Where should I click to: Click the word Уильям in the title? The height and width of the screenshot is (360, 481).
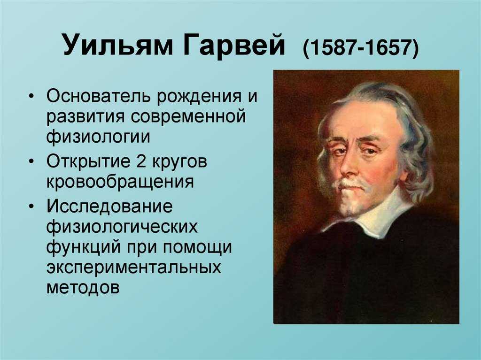coord(118,46)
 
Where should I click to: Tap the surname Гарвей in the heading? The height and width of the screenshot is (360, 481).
coord(234,46)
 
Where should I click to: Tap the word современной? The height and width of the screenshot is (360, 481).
coord(188,117)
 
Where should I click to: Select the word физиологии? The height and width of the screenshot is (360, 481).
coord(99,137)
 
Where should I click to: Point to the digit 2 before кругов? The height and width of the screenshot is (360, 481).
coord(141,161)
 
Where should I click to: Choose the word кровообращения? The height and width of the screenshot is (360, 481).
coord(120,182)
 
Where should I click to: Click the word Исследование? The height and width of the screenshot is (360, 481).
coord(109,206)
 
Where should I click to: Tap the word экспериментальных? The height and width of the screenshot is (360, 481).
coord(134,267)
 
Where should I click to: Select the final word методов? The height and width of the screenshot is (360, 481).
coord(83,287)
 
